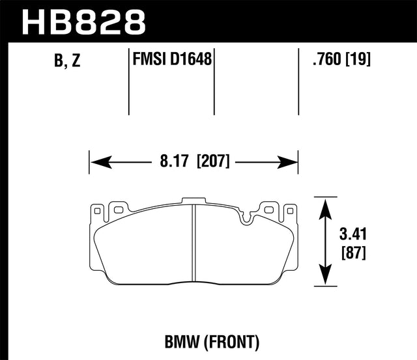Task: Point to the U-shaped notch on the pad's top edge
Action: click(247, 217)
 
